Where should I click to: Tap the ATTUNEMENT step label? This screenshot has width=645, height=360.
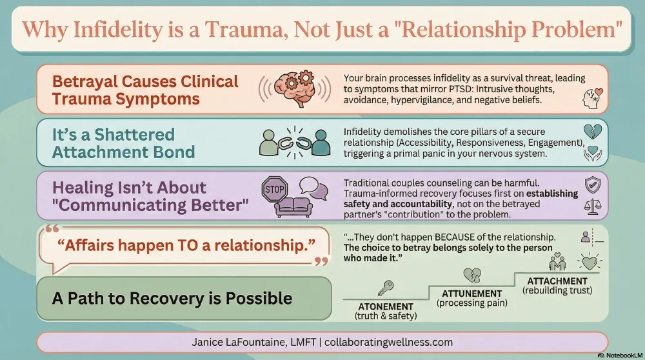[471, 294]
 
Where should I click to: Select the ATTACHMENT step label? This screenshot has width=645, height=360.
[557, 281]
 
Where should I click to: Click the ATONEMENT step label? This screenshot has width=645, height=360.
[385, 306]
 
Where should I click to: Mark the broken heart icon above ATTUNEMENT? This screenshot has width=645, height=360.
[471, 275]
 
